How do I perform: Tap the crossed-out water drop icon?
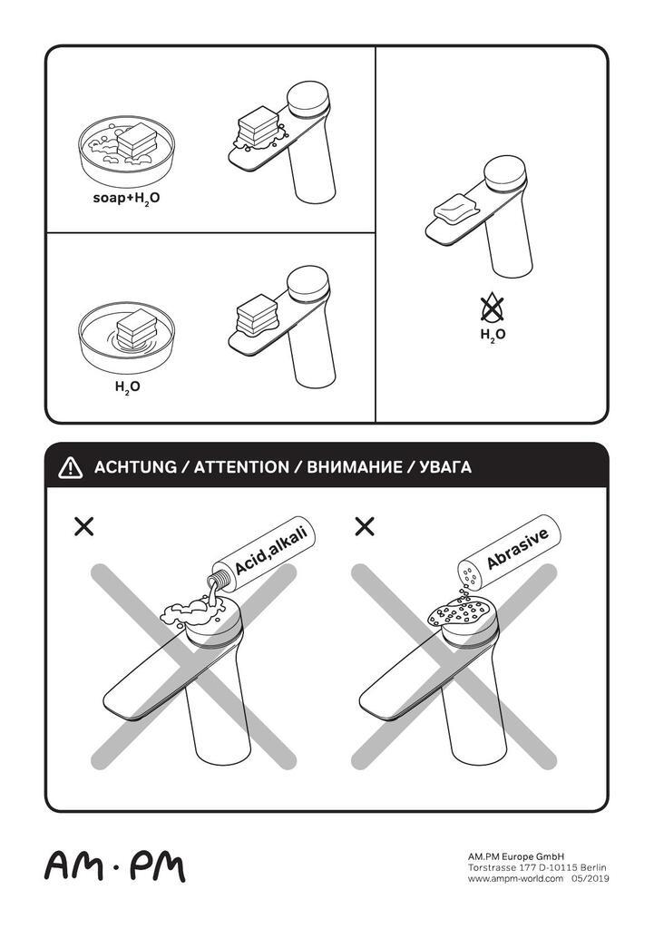coord(492,308)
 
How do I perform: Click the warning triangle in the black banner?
coord(71,467)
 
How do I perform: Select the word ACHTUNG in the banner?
coord(135,467)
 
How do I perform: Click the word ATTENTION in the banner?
coord(241,467)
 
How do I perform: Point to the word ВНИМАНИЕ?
coord(355,467)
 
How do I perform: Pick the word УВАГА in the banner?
coord(444,467)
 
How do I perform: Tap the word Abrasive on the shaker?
coord(518,549)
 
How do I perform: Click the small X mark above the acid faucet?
coord(84,526)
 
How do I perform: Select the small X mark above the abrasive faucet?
coord(365,526)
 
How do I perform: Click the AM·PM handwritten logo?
coord(115,867)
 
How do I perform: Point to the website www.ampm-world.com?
coord(515,878)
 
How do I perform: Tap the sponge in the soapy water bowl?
coord(136,141)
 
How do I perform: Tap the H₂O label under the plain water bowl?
coord(127,387)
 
